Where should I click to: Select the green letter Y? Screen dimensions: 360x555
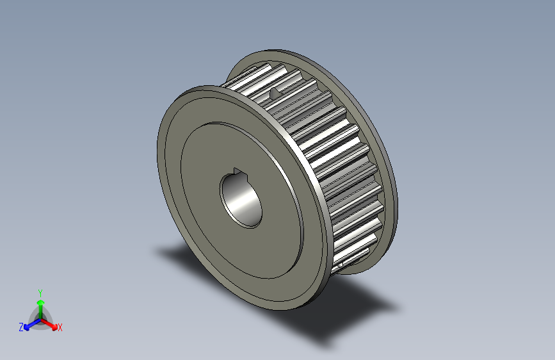point(40,291)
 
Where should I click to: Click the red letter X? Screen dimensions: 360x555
point(60,327)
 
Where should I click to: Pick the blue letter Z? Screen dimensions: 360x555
point(21,327)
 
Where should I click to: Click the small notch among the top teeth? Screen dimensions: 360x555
point(276,93)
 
